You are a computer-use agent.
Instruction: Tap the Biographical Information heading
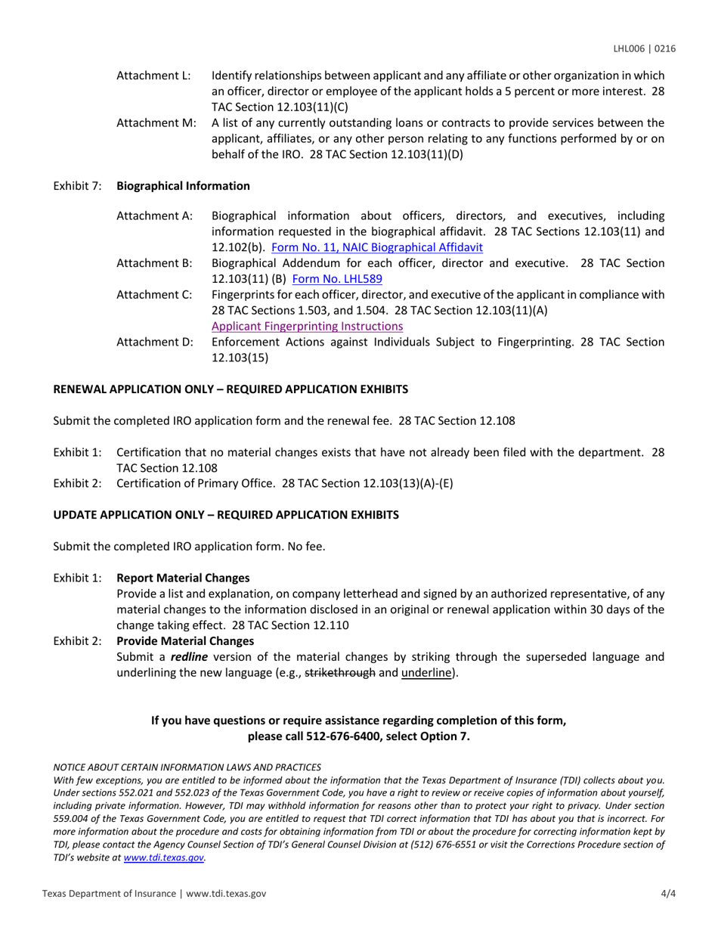pyautogui.click(x=183, y=185)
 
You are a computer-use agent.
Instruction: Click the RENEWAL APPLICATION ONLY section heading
pyautogui.click(x=230, y=389)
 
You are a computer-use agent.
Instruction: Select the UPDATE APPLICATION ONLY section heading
pyautogui.click(x=225, y=515)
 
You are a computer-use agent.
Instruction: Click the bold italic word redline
pyautogui.click(x=189, y=657)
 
